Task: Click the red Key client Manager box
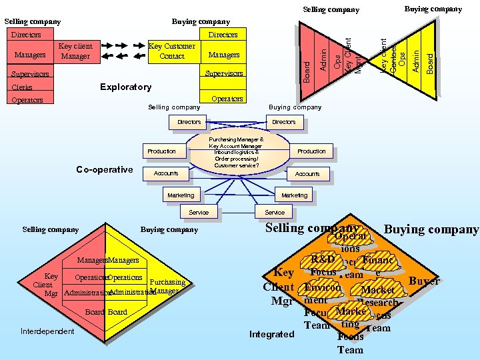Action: tap(75, 51)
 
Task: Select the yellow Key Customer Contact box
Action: tap(172, 51)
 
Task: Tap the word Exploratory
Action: tap(125, 87)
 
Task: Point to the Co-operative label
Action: tap(105, 170)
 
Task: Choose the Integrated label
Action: tap(271, 334)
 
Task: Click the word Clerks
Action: tap(22, 87)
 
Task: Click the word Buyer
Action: tap(424, 281)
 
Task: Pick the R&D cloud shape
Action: tap(323, 259)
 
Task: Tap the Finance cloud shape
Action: tap(378, 262)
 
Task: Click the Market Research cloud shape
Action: tap(377, 296)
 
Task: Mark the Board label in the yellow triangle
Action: tap(430, 64)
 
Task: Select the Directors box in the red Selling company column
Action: tap(27, 35)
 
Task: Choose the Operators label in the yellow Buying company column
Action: tap(227, 99)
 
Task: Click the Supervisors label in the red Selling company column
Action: tap(30, 73)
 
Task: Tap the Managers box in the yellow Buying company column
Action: tap(224, 55)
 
